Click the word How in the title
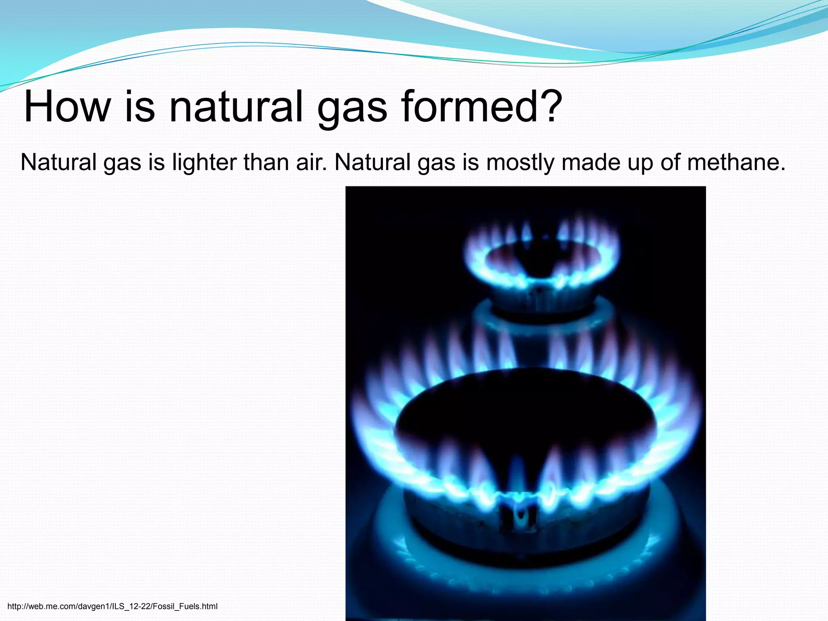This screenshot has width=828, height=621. (67, 107)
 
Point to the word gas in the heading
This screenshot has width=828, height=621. (352, 111)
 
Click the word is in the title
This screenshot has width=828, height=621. (140, 107)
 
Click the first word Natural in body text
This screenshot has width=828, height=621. (59, 163)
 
